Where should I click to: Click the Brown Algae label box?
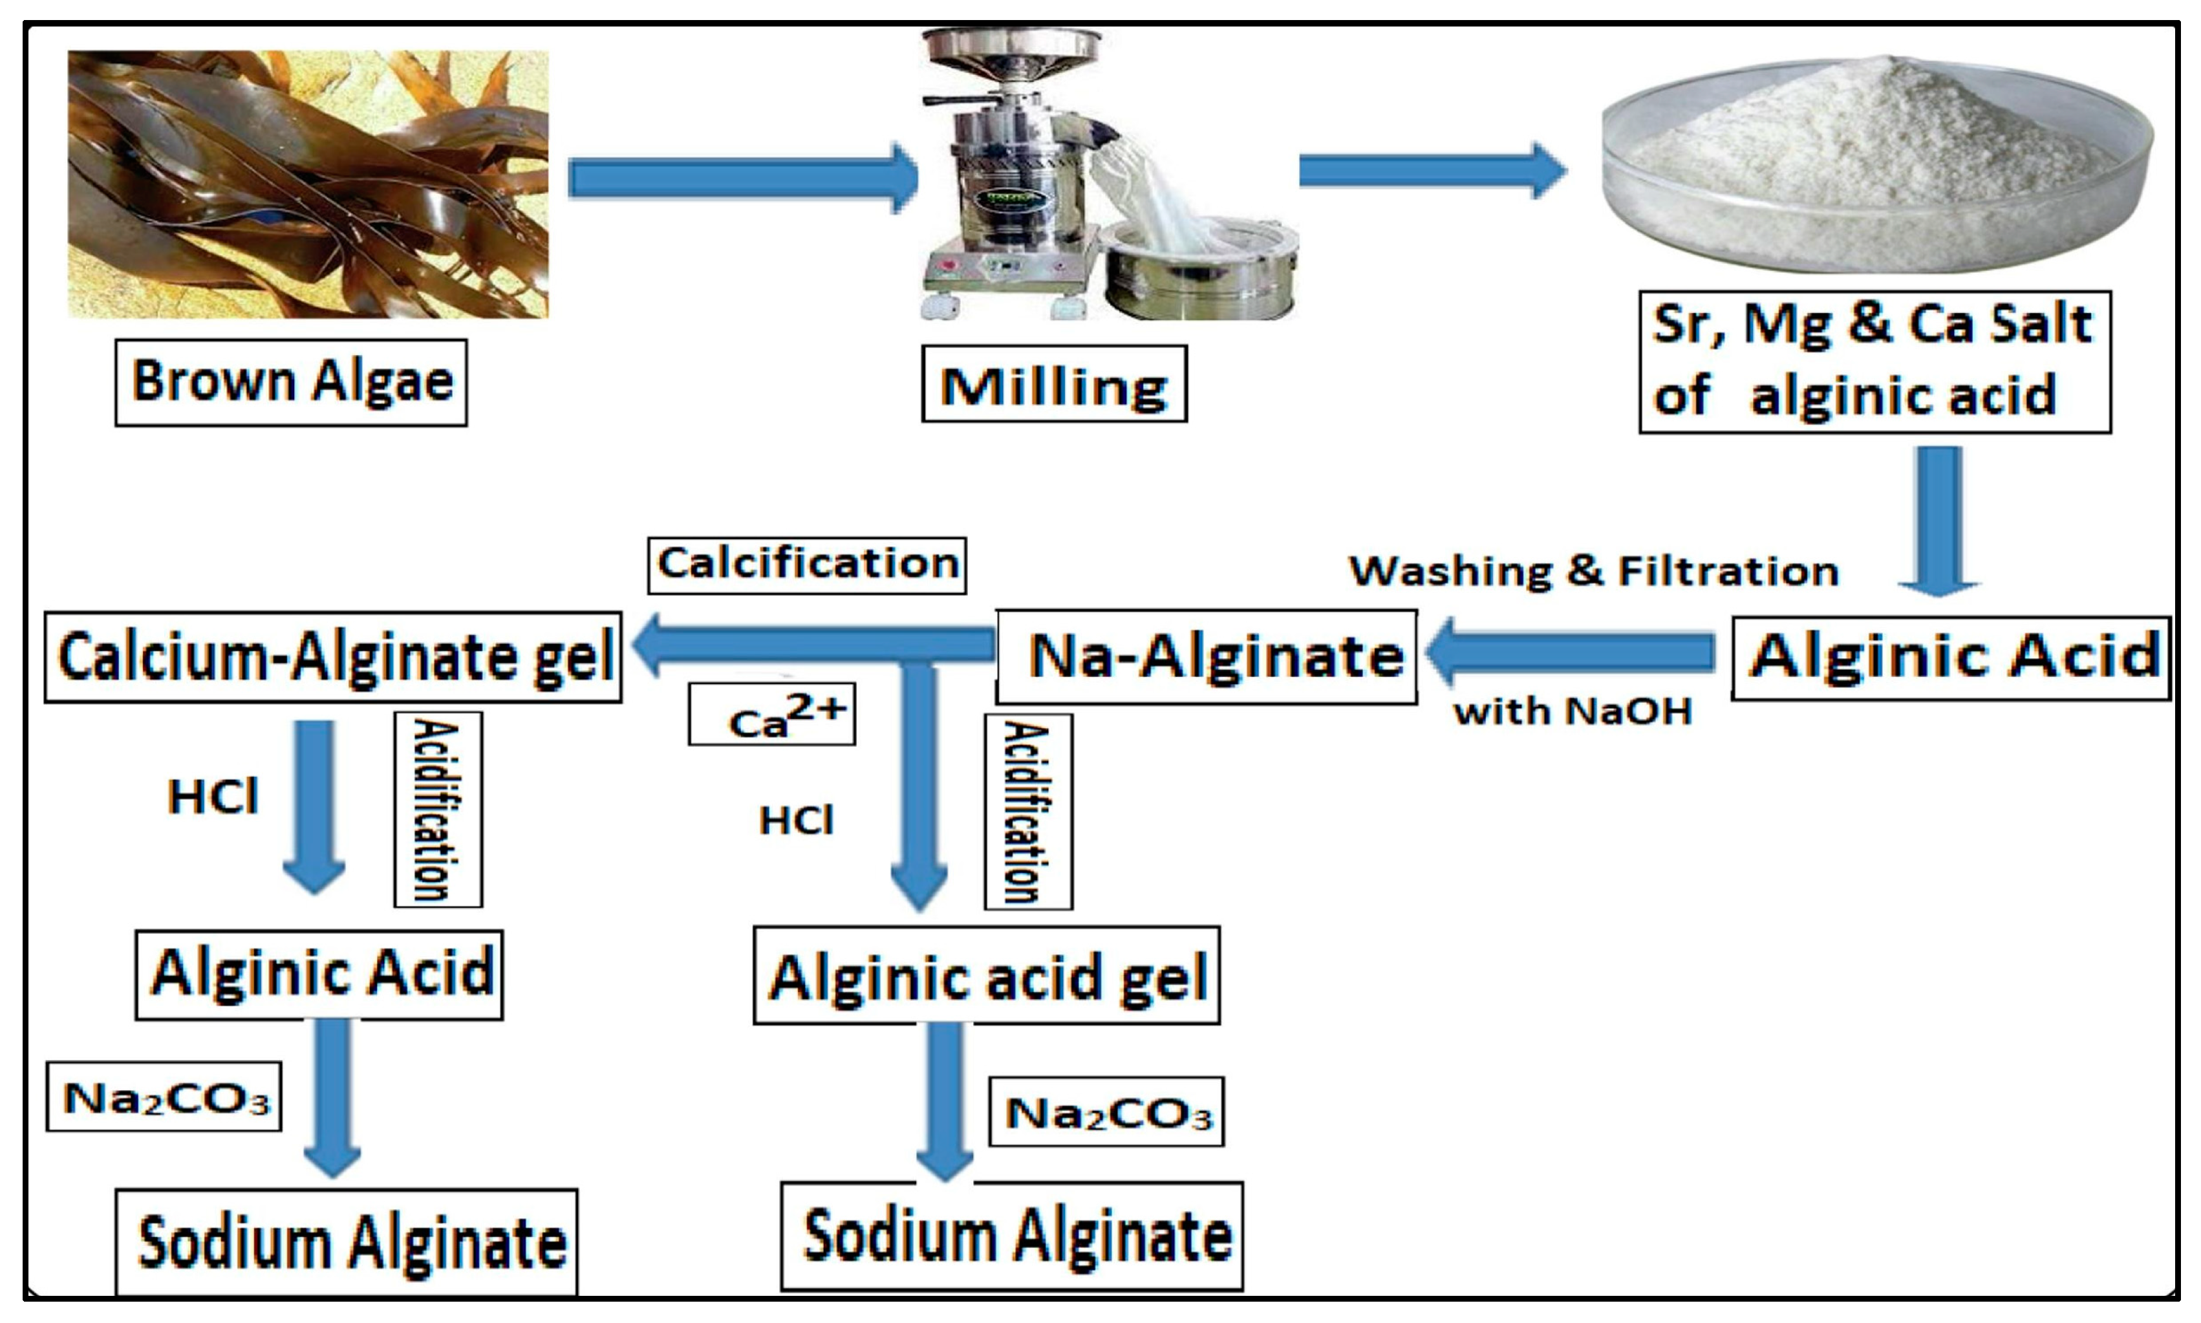coord(290,382)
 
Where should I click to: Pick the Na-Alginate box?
coord(1206,657)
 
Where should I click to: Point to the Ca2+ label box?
coord(772,715)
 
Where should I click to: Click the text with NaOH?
coord(1573,711)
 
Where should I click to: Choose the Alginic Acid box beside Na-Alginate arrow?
coord(1951,657)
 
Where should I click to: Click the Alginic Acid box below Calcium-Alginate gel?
coord(319,974)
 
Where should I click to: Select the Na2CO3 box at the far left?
coord(164,1097)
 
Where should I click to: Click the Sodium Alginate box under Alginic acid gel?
coord(1012,1236)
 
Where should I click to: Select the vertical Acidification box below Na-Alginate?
coord(1028,812)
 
